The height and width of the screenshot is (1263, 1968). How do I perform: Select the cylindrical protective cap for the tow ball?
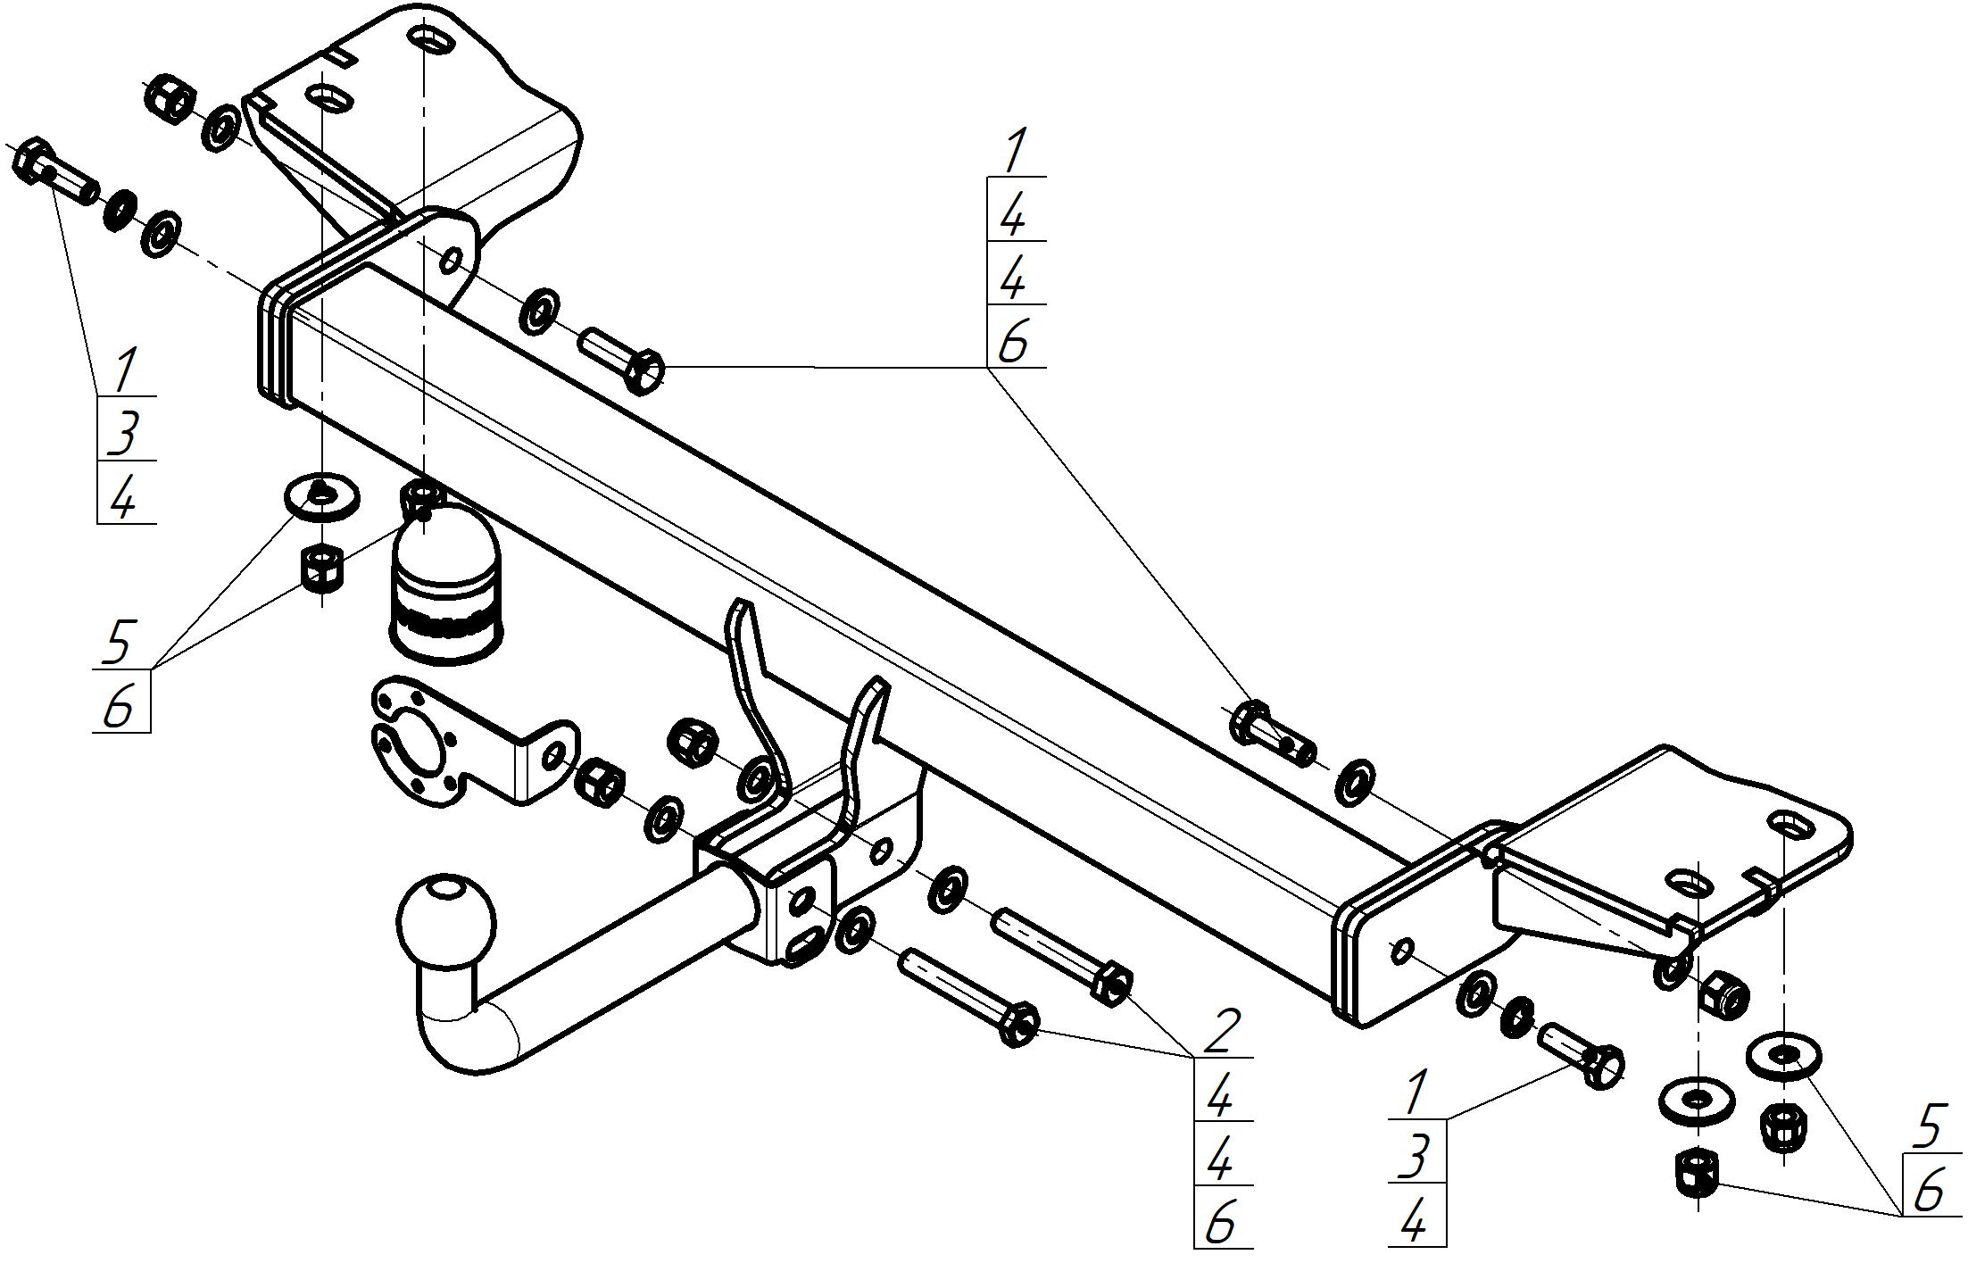[445, 589]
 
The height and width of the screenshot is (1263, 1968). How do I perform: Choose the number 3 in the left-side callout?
[124, 432]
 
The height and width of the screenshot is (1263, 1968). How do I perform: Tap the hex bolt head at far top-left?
[33, 162]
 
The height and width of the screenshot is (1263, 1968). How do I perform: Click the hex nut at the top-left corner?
[167, 96]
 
